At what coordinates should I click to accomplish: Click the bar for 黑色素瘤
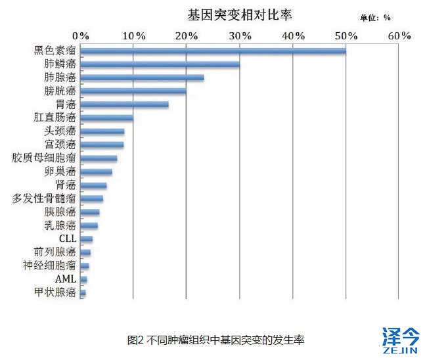point(213,51)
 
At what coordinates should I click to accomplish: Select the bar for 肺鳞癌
point(160,64)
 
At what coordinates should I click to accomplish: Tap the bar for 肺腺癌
point(143,78)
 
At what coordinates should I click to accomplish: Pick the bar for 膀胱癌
point(133,91)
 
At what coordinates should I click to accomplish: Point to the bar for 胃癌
point(125,104)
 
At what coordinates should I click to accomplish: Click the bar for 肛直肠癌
point(107,118)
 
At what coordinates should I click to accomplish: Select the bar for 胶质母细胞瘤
point(99,158)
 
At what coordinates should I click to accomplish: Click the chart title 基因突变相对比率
point(239,14)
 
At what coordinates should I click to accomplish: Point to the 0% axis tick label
point(81,35)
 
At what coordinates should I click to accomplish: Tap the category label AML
point(66,279)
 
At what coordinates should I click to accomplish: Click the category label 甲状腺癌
point(56,293)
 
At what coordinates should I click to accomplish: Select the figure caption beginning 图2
point(216,340)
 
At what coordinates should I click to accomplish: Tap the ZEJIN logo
point(399,341)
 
